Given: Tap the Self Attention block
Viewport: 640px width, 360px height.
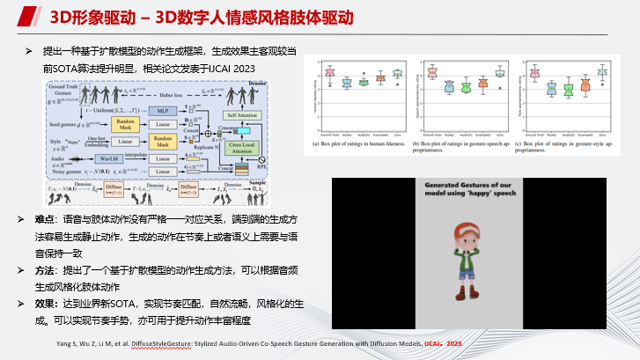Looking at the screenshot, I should click(x=243, y=114).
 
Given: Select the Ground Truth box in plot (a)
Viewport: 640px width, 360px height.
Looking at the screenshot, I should click(x=330, y=73).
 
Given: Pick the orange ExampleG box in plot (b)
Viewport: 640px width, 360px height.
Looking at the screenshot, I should click(x=482, y=84).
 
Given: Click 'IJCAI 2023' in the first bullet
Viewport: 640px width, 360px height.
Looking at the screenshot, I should click(x=232, y=68).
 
